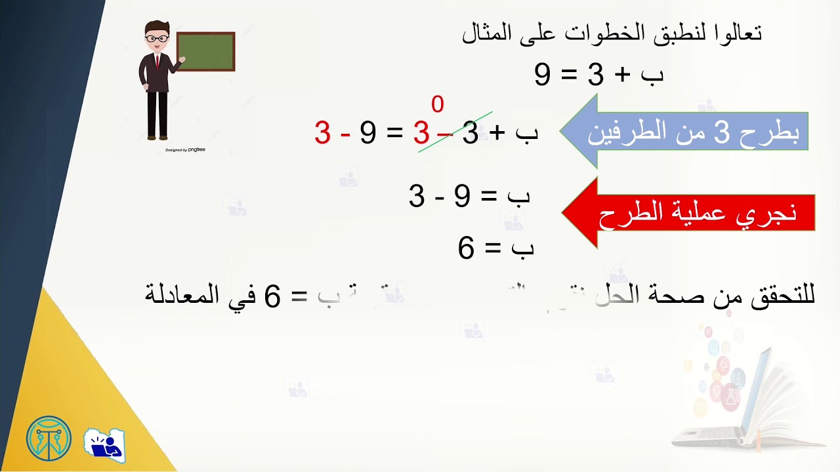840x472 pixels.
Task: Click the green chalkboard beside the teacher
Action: [205, 51]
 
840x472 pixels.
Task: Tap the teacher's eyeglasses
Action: [157, 38]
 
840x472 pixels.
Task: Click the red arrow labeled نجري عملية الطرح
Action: [689, 212]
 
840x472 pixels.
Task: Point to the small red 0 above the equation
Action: [437, 104]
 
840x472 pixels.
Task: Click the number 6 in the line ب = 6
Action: [466, 249]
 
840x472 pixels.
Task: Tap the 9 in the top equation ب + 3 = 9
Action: [542, 75]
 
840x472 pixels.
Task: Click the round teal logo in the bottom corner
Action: [49, 438]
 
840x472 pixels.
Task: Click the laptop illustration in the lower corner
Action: [748, 393]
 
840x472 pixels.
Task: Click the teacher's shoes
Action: [157, 137]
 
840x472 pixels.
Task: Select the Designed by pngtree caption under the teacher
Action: [186, 150]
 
